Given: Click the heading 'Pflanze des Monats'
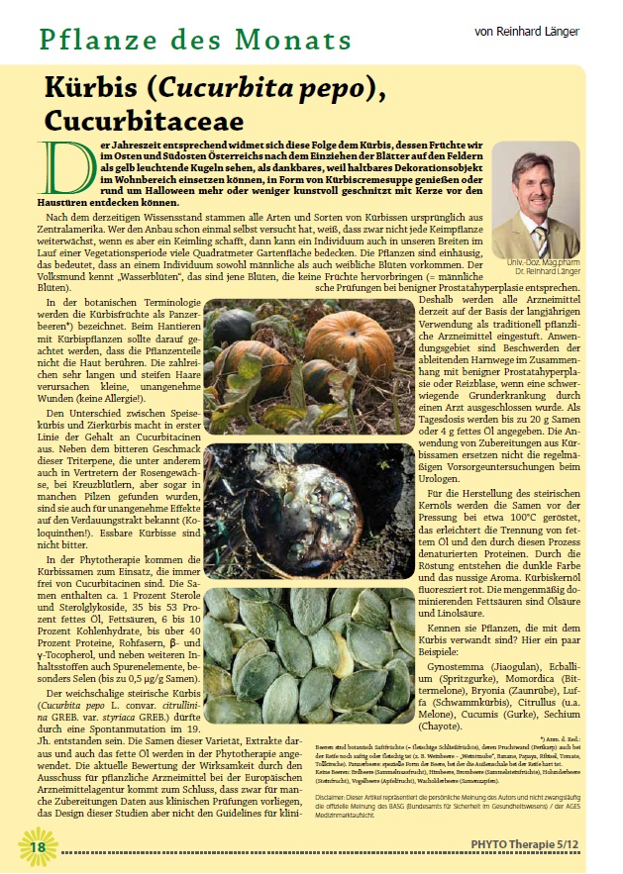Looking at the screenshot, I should pyautogui.click(x=195, y=41).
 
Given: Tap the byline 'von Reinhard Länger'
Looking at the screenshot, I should pyautogui.click(x=527, y=32).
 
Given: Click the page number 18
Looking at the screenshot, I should pyautogui.click(x=37, y=846).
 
